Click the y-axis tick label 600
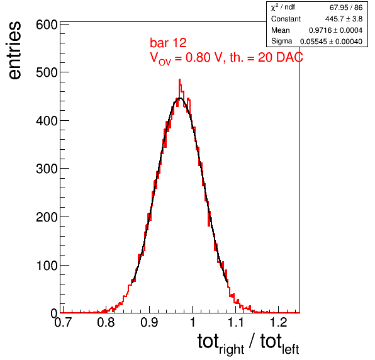[x=47, y=25]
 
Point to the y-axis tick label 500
[x=47, y=72]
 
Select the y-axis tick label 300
[x=47, y=169]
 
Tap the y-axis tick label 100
[x=47, y=266]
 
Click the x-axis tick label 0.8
[x=106, y=322]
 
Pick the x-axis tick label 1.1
[x=235, y=322]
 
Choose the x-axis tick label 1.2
[x=278, y=322]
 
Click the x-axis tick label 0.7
[x=63, y=322]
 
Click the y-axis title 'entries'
[x=15, y=50]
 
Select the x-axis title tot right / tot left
[x=249, y=344]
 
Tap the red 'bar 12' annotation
[x=168, y=43]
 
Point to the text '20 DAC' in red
[x=280, y=57]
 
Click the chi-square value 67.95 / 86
[x=346, y=8]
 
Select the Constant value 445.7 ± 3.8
[x=344, y=19]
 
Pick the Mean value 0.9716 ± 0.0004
[x=336, y=30]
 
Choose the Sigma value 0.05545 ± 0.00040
[x=331, y=42]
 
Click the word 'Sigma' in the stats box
[x=281, y=41]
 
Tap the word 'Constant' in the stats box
[x=286, y=19]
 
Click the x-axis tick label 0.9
[x=149, y=322]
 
